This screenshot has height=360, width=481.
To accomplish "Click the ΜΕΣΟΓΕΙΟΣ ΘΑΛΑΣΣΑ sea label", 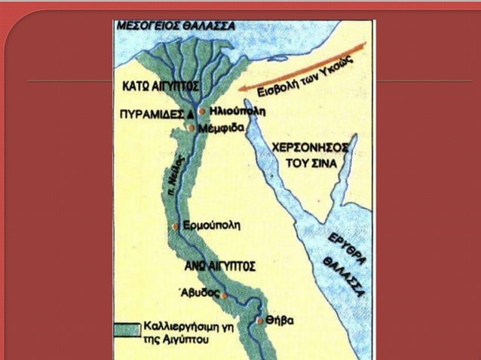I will [x=175, y=26].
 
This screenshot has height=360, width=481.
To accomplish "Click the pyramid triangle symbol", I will [x=189, y=113].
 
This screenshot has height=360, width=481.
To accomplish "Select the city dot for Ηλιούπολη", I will [x=201, y=111].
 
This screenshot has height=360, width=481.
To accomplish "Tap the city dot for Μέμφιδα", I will [x=191, y=128].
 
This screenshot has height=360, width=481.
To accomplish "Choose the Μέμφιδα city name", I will [x=220, y=129].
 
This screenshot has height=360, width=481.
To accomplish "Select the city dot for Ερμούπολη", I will [x=176, y=225].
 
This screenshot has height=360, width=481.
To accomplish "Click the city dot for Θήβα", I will [x=261, y=320].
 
